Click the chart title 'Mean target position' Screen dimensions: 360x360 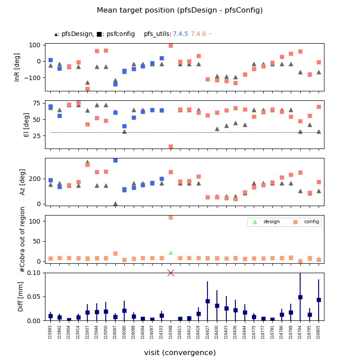click(180, 10)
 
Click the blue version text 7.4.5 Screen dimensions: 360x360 click(180, 34)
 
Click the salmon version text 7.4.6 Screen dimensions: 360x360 click(198, 34)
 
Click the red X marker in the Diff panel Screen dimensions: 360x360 click(171, 273)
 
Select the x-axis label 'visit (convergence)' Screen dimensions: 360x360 click(180, 353)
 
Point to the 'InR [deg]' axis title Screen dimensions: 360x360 click(18, 67)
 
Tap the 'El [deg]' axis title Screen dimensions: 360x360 click(27, 125)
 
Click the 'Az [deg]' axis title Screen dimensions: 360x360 click(22, 182)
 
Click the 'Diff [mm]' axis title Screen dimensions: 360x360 click(21, 297)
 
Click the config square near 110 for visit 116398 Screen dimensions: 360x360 click(171, 217)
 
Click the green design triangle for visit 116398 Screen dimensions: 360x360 click(171, 253)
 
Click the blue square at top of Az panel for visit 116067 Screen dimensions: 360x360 click(115, 160)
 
